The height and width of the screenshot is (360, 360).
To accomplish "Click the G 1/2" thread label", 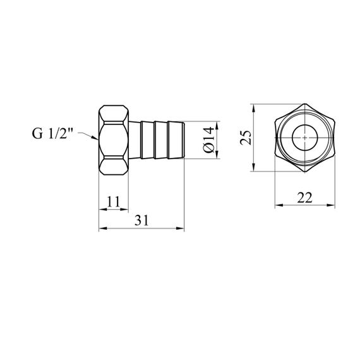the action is tap(52, 134).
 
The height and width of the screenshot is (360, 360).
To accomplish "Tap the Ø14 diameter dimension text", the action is tap(208, 140).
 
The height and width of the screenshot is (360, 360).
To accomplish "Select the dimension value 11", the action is tap(114, 202).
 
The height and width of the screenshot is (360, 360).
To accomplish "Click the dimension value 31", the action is tap(141, 220).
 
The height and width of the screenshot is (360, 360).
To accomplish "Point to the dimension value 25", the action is tap(246, 138).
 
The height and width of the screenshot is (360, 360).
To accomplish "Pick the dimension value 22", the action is tap(304, 198).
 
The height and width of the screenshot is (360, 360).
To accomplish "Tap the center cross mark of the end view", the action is tap(304, 138).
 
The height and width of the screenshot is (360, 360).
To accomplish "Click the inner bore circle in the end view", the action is tap(304, 125).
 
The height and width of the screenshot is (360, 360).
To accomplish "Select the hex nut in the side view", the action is tap(114, 140).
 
